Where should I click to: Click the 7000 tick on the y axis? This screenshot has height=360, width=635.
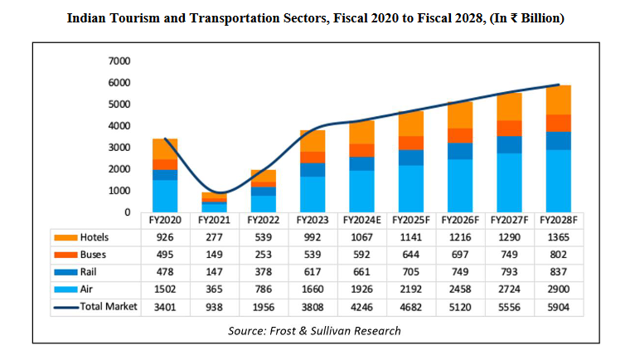pyautogui.click(x=119, y=61)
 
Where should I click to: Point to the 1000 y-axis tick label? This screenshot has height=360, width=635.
pyautogui.click(x=119, y=191)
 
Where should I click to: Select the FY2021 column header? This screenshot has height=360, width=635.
pyautogui.click(x=214, y=221)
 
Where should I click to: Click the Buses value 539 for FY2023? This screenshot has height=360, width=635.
pyautogui.click(x=313, y=255)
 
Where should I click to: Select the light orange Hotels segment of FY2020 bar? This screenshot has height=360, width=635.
pyautogui.click(x=165, y=148)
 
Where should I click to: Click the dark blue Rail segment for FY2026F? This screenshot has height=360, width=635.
pyautogui.click(x=460, y=150)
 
